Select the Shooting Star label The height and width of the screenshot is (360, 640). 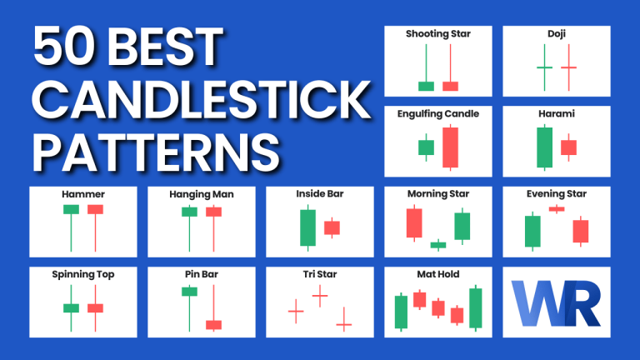coord(438,34)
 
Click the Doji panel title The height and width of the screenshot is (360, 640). coord(556,34)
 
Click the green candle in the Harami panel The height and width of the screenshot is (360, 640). coord(544,147)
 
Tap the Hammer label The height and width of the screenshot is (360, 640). coord(82,194)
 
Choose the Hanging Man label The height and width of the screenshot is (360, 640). coord(202,194)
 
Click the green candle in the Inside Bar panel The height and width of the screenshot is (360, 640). coord(307,227)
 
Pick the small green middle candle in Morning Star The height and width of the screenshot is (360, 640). coord(438,244)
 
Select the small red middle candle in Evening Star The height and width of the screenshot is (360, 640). coord(557,208)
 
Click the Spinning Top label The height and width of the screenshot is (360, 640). coord(82,274)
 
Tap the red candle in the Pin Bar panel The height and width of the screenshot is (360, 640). coord(214,323)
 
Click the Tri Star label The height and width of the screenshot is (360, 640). coord(320,274)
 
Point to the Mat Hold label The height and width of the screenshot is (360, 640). coord(438,274)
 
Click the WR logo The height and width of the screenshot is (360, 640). coord(556,302)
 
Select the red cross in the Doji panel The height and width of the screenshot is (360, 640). coord(568,67)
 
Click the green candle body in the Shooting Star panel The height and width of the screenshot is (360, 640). coord(426,85)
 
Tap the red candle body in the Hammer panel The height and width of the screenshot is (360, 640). coord(95,209)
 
